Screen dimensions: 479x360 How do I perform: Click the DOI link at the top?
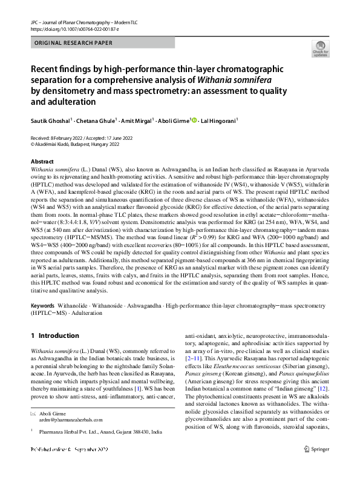(68, 28)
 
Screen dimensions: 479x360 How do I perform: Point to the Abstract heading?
(42, 162)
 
